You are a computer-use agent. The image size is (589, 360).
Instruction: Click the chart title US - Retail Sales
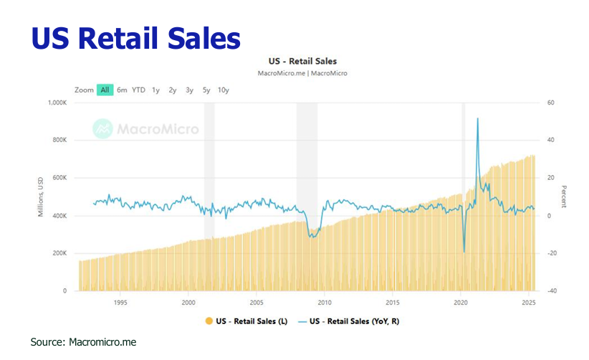click(301, 62)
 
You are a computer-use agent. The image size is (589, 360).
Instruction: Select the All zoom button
click(105, 90)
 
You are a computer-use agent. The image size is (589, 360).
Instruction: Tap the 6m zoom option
click(123, 90)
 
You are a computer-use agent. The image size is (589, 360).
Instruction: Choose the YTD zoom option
click(138, 90)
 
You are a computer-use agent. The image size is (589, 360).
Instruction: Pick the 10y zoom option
click(223, 90)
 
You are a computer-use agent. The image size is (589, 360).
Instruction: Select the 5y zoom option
click(206, 90)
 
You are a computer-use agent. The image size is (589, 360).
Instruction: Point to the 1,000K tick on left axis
click(56, 103)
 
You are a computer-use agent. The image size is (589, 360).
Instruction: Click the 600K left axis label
click(59, 178)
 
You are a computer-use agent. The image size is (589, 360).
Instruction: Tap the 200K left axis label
click(59, 253)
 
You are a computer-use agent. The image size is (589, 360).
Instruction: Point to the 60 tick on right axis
click(551, 103)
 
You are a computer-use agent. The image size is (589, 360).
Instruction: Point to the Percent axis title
click(564, 196)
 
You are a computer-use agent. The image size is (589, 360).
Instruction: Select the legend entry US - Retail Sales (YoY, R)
click(351, 321)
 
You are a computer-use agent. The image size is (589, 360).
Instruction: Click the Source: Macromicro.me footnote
click(83, 343)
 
